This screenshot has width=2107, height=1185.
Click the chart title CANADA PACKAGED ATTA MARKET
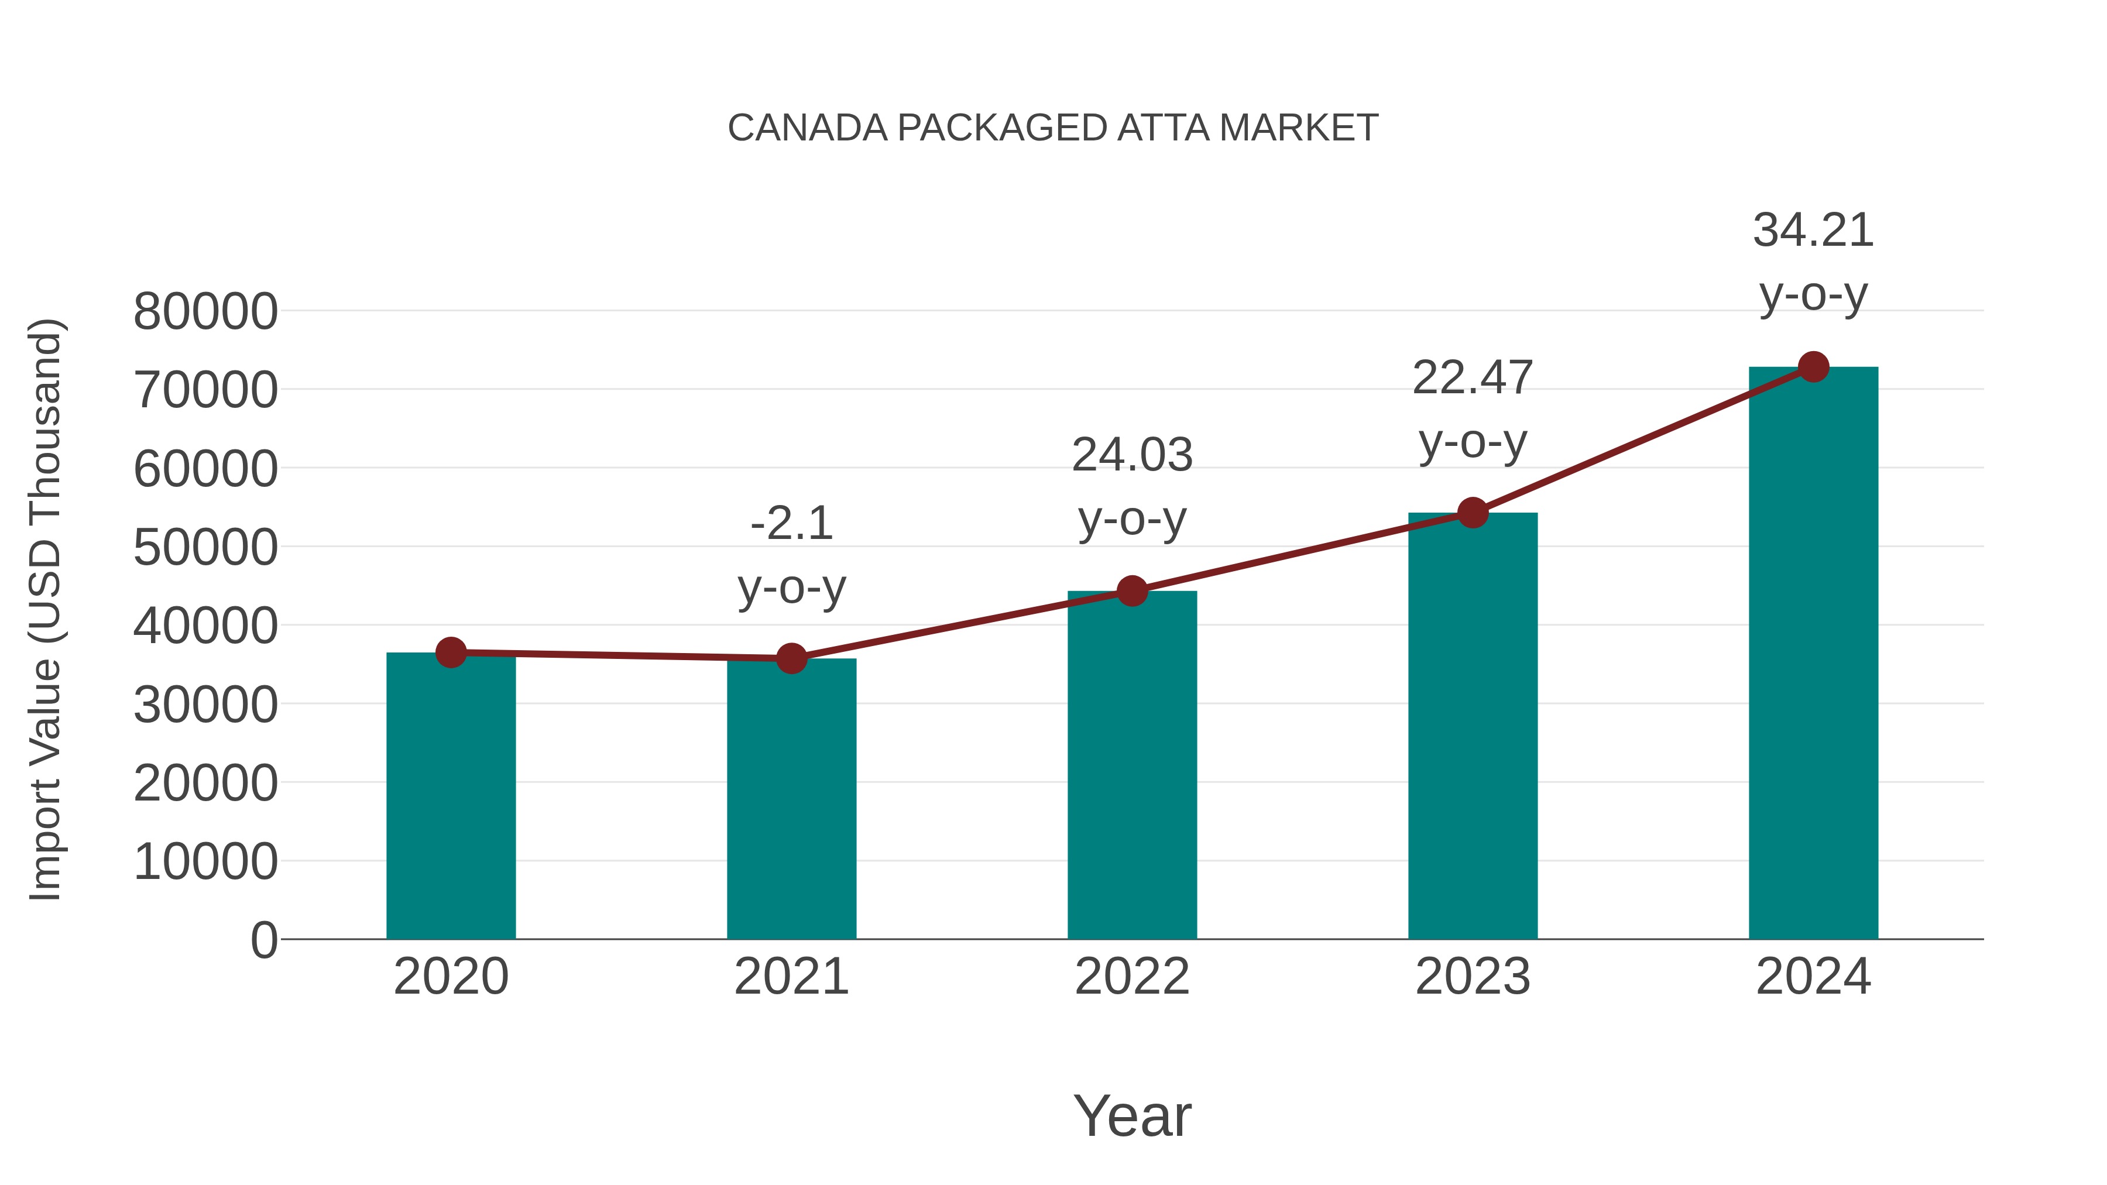(x=1053, y=128)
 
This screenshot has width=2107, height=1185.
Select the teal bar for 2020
(x=451, y=802)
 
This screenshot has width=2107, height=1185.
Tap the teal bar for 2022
(x=1132, y=769)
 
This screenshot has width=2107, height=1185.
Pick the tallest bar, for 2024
(x=1813, y=654)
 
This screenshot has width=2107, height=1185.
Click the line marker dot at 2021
(x=791, y=658)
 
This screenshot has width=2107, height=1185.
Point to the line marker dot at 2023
(x=1473, y=513)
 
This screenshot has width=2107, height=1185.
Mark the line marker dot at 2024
(x=1813, y=367)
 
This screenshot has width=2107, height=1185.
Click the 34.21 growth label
(x=1813, y=231)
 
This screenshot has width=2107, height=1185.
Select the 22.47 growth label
(x=1473, y=379)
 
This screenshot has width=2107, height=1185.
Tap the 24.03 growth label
(x=1132, y=455)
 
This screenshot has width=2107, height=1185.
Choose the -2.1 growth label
(x=791, y=524)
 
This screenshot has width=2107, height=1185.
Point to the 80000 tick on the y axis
(x=205, y=311)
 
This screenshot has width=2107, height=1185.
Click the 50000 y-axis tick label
(x=205, y=547)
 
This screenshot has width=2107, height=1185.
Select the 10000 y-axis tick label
(x=205, y=861)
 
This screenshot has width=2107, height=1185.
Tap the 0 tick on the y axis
(x=264, y=940)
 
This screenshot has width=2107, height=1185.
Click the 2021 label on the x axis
(x=791, y=977)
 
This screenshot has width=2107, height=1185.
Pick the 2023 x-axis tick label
(x=1473, y=977)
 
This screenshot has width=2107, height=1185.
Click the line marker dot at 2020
(x=451, y=652)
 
